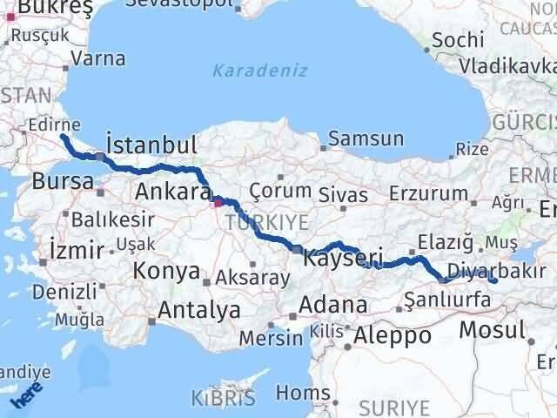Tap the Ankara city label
172,191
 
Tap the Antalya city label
198,309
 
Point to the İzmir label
78,250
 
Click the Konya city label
165,271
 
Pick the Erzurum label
423,193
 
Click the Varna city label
98,58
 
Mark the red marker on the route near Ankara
217,203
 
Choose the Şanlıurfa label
448,300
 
